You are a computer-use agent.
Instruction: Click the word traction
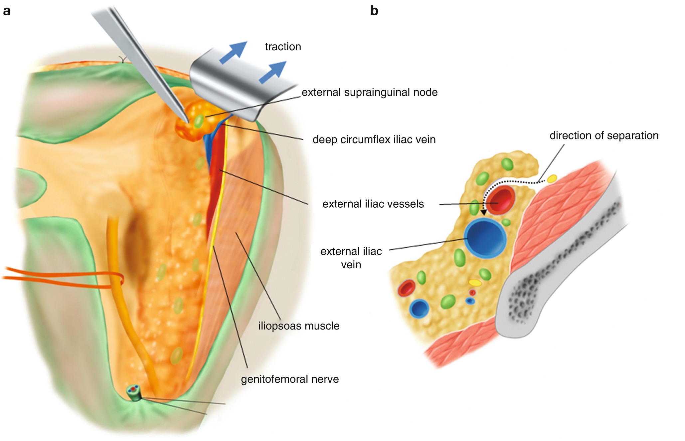[283, 47]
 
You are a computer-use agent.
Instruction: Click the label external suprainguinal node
[369, 92]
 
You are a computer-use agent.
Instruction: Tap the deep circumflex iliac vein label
[374, 139]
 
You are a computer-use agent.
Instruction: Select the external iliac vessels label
[373, 204]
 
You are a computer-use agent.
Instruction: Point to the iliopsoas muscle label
[299, 326]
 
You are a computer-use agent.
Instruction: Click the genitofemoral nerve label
[290, 379]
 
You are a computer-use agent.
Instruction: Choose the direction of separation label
[604, 135]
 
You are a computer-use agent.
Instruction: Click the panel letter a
[7, 11]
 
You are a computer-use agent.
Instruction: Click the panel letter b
[374, 11]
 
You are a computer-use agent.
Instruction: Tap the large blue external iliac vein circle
[485, 238]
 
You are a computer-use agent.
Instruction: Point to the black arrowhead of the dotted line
[484, 212]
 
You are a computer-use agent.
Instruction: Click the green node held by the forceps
[199, 121]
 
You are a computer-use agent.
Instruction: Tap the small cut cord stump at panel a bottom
[134, 393]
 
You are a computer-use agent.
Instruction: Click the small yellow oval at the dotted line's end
[552, 179]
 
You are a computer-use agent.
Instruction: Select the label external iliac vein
[351, 258]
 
